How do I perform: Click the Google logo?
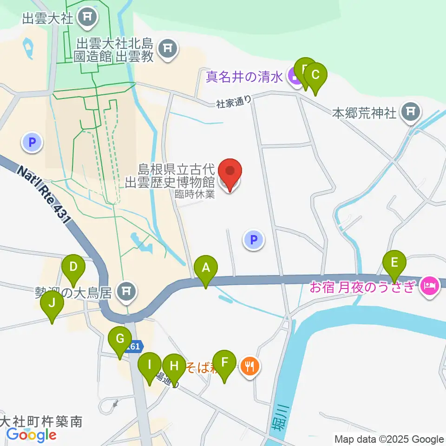pyautogui.click(x=31, y=435)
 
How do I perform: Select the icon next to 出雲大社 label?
pyautogui.click(x=88, y=19)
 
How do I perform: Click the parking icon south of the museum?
pyautogui.click(x=254, y=240)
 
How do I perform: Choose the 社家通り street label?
pyautogui.click(x=234, y=102)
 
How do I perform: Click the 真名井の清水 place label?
pyautogui.click(x=245, y=77)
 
